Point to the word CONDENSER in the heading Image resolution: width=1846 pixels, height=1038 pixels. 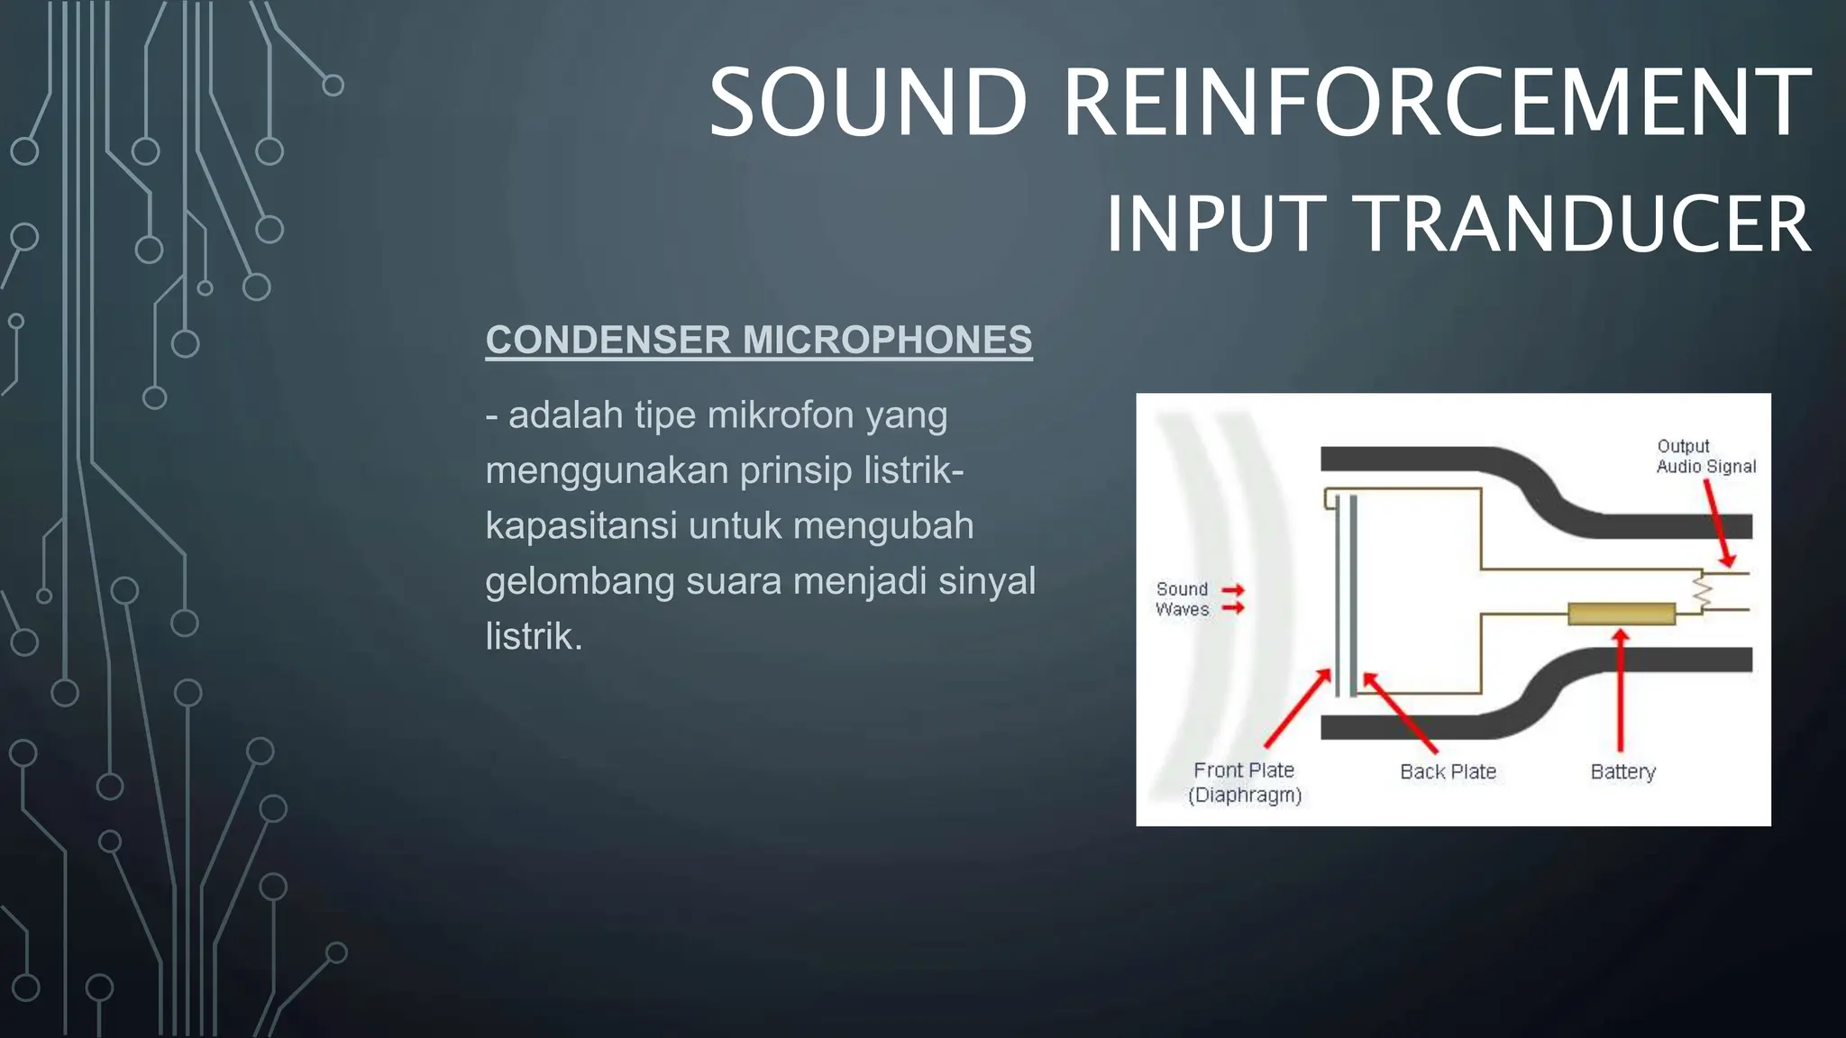pyautogui.click(x=608, y=340)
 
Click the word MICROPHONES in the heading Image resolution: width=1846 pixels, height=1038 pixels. pyautogui.click(x=887, y=340)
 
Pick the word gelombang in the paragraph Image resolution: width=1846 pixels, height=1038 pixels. pyautogui.click(x=580, y=581)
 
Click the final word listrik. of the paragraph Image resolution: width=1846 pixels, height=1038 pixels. pyautogui.click(x=534, y=636)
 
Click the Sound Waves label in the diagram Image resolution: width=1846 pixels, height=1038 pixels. pyautogui.click(x=1182, y=599)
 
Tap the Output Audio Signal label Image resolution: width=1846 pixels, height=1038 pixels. pyautogui.click(x=1705, y=456)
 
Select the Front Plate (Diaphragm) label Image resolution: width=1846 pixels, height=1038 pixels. pyautogui.click(x=1244, y=782)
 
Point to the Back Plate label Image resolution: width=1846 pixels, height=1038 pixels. pyautogui.click(x=1448, y=771)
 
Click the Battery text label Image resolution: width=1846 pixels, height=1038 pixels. pyautogui.click(x=1622, y=771)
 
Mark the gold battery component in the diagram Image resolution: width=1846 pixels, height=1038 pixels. pyautogui.click(x=1621, y=614)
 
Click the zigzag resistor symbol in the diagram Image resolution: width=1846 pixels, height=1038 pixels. pyautogui.click(x=1702, y=592)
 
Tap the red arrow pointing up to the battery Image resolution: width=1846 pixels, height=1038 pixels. pyautogui.click(x=1621, y=689)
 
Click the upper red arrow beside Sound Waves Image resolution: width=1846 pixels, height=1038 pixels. pyautogui.click(x=1233, y=590)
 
